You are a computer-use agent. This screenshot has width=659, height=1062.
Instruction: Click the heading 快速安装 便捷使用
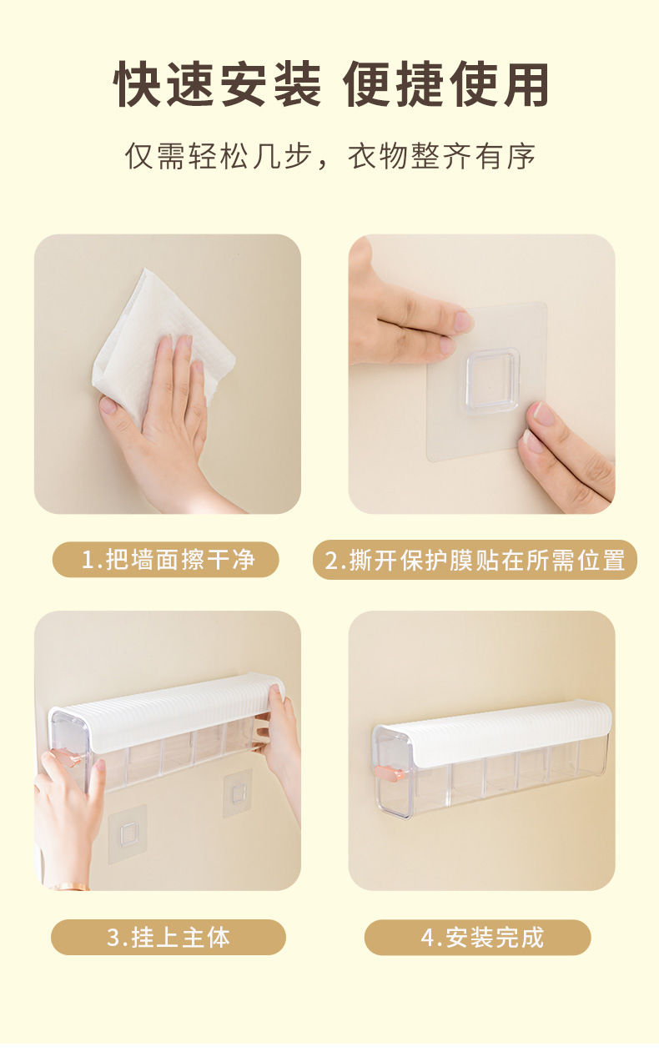pos(330,84)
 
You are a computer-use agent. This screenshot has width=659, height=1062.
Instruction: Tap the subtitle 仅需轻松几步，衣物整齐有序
pos(330,155)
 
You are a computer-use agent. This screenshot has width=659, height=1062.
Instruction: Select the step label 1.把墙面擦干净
pos(168,560)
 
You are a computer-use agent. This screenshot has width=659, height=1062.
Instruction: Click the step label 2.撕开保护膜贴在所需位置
pos(475,560)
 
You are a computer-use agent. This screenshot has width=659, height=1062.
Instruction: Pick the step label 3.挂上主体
pos(169,938)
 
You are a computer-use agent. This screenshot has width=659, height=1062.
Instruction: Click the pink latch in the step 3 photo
pos(68,757)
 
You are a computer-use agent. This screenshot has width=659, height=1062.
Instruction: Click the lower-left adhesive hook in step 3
pos(127,833)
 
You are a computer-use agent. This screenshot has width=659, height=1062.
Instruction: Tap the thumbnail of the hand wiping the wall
pos(168,374)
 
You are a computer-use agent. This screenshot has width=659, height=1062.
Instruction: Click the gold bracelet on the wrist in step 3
pos(71,886)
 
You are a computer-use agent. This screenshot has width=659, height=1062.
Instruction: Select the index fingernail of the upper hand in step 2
pos(464,321)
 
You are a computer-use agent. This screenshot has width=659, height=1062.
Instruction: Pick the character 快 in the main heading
pos(138,84)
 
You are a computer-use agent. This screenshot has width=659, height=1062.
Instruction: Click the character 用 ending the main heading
pos(525,84)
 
